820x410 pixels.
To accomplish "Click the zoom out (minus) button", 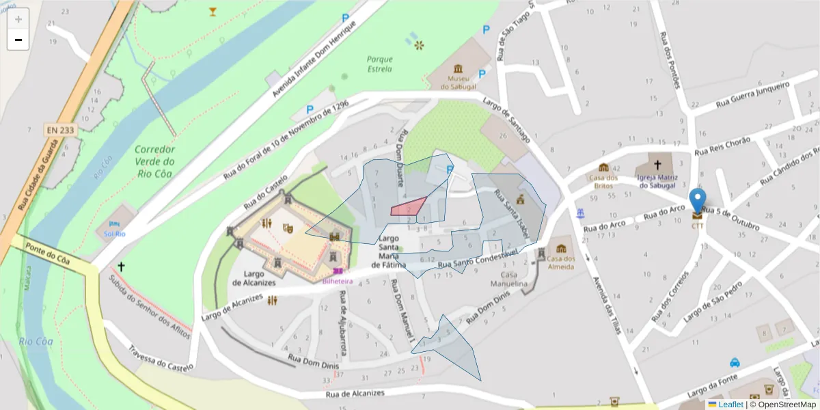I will (18, 40).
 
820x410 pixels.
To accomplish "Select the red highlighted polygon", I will (408, 208).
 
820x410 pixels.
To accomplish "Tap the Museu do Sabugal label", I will (457, 83).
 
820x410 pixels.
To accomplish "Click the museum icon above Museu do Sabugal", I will (457, 68).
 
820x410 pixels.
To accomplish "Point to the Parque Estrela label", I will (379, 64).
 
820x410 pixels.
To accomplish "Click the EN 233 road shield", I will (61, 129).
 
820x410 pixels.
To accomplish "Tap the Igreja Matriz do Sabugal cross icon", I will (657, 165).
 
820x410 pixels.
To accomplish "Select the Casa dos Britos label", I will (603, 182).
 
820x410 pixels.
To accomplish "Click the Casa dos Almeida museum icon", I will (561, 249).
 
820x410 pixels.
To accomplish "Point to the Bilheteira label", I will (338, 281).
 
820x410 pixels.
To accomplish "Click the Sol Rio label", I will (114, 234).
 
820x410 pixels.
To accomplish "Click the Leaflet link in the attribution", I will (730, 404).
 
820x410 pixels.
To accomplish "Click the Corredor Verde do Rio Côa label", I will (155, 161).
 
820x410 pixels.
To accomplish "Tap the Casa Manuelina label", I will (510, 279).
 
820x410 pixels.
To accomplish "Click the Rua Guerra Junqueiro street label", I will (752, 94).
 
